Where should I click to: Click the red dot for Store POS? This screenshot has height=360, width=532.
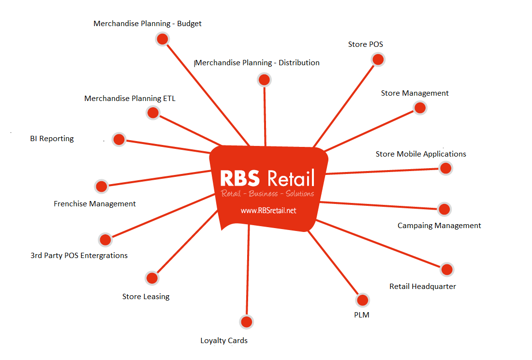click(x=378, y=59)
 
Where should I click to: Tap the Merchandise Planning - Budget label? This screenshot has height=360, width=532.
click(x=148, y=23)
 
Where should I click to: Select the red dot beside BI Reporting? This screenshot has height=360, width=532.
click(x=119, y=140)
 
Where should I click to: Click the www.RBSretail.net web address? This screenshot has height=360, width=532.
click(x=268, y=210)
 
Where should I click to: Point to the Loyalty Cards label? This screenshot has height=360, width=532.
click(x=224, y=341)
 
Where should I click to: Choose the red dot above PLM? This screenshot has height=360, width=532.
click(x=363, y=300)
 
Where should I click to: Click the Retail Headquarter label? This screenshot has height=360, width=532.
click(x=423, y=286)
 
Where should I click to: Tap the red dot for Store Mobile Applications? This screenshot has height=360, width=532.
click(x=445, y=168)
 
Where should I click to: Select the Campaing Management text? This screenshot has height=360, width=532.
click(x=439, y=225)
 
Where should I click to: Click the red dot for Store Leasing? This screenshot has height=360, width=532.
click(x=152, y=278)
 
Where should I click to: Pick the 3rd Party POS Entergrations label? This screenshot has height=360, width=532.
click(x=79, y=255)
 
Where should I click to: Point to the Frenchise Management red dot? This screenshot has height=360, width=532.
click(x=101, y=187)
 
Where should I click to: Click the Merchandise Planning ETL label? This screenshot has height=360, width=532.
click(x=130, y=98)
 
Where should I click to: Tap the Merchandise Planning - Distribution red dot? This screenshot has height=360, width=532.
click(x=264, y=80)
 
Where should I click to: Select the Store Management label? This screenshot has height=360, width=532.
click(x=415, y=93)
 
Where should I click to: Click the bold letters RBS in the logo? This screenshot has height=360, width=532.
click(x=240, y=178)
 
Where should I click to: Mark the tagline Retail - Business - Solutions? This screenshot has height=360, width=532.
click(x=267, y=194)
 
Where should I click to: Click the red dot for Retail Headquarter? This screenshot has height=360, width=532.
click(x=447, y=270)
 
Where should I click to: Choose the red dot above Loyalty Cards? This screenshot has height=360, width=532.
click(x=246, y=322)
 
